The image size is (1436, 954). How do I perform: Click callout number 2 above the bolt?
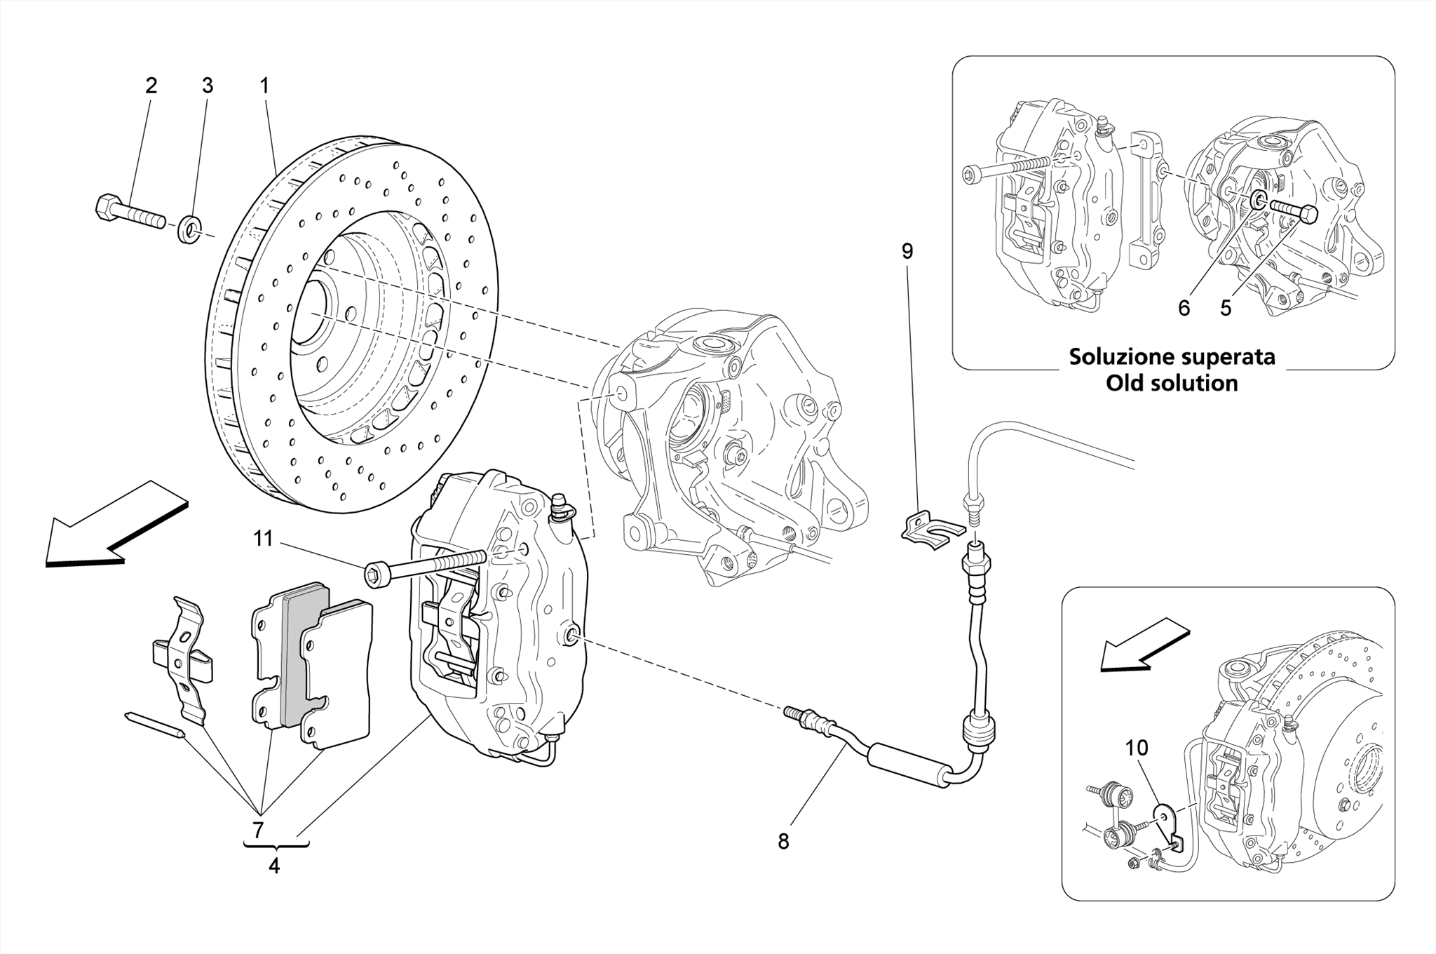151,86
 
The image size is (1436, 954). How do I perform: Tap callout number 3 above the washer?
208,86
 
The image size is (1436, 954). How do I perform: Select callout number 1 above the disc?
264,86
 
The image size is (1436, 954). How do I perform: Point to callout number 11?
263,539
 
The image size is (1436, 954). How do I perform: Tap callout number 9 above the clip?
907,251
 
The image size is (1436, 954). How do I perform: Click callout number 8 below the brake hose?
783,842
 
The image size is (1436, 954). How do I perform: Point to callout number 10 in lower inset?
1137,748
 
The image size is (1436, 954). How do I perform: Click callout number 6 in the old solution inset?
1184,308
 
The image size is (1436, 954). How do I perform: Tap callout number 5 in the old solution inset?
1226,308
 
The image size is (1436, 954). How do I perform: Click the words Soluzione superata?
1172,357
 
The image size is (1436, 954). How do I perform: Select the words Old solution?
1172,384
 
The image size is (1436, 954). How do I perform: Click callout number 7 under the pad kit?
258,831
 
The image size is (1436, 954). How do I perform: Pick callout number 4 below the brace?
274,866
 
